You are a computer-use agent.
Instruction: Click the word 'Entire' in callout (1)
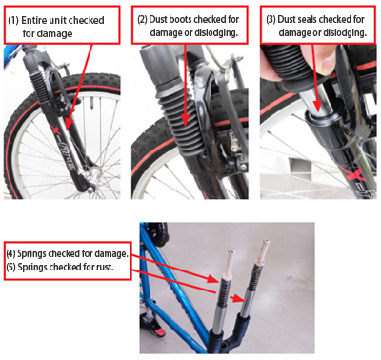pos(32,20)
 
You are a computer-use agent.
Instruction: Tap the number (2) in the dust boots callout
pos(142,19)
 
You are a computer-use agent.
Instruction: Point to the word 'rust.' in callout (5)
pos(105,267)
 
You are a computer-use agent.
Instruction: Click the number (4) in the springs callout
pos(10,254)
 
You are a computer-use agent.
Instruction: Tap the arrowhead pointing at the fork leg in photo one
pos(68,125)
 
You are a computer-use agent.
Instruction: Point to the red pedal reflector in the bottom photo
pos(158,331)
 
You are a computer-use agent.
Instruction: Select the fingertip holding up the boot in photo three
pos(325,61)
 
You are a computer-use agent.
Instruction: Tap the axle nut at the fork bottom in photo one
pos(90,190)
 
